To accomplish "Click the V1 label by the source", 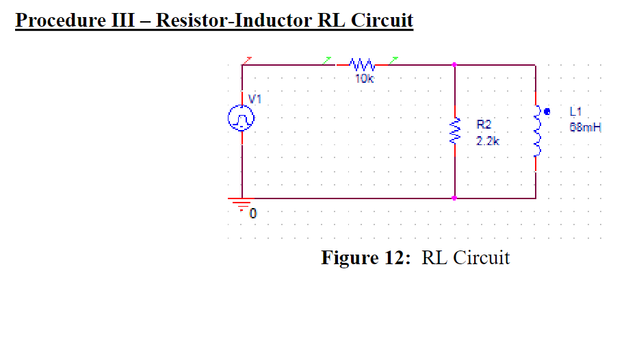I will (x=255, y=99).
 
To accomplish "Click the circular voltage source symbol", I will (x=242, y=120).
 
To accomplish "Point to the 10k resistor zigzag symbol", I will (x=361, y=66).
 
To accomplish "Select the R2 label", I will (x=484, y=125).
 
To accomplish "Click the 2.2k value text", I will (x=488, y=141).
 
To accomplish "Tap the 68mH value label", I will (x=584, y=127).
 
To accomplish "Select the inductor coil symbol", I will (x=537, y=131).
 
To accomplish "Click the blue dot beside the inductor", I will (x=546, y=110).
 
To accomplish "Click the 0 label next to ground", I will (x=253, y=214).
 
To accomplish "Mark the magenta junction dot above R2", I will (x=455, y=66).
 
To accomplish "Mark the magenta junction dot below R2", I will (x=455, y=198).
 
